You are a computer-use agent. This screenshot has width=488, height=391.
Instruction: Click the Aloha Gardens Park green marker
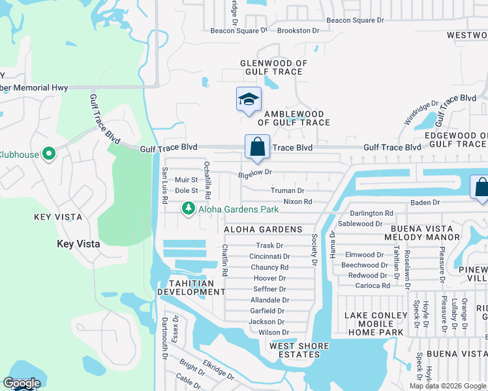pyautogui.click(x=188, y=209)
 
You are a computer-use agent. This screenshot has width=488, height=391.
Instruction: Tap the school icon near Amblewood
pyautogui.click(x=249, y=100)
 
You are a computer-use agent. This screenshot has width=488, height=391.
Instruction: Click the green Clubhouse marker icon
pyautogui.click(x=48, y=154)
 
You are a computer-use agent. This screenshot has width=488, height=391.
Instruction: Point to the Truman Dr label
pyautogui.click(x=288, y=191)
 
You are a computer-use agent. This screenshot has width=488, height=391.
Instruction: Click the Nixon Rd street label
pyautogui.click(x=297, y=202)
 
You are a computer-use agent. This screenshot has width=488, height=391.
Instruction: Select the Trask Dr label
pyautogui.click(x=269, y=246)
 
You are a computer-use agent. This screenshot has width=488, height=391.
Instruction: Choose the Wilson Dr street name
pyautogui.click(x=273, y=332)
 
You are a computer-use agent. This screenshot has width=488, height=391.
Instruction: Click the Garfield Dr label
pyautogui.click(x=267, y=311)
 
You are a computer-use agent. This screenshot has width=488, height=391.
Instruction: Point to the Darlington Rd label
pyautogui.click(x=371, y=213)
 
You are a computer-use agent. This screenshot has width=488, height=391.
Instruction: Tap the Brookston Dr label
pyautogui.click(x=298, y=31)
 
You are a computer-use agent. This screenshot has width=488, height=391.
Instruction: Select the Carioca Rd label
pyautogui.click(x=369, y=285)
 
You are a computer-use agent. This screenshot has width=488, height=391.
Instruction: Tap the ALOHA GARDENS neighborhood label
pyautogui.click(x=263, y=229)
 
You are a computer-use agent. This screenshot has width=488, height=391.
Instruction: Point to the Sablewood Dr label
pyautogui.click(x=360, y=224)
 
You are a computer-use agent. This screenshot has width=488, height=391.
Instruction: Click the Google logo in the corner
pyautogui.click(x=22, y=383)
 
